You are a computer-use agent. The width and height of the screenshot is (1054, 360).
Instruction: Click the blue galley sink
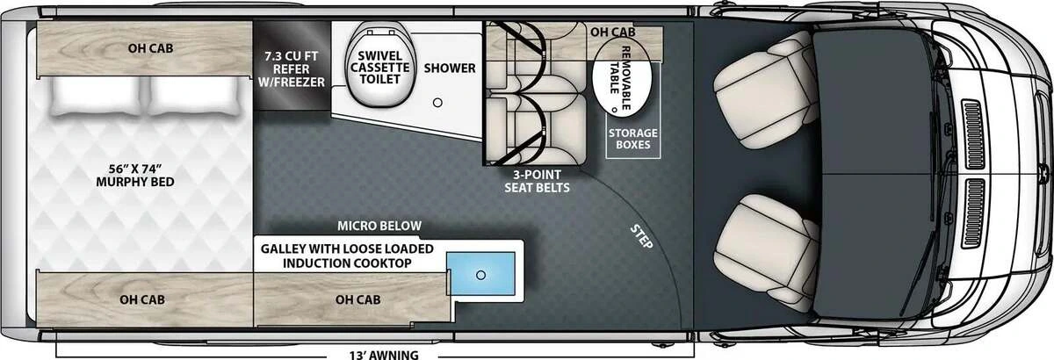coord(481,273)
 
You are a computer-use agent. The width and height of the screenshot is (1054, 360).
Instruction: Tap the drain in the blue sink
coord(480,275)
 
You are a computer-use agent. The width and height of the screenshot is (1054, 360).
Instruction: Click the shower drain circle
coord(437,102)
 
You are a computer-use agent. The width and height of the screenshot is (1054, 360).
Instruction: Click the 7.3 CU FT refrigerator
coord(292,66)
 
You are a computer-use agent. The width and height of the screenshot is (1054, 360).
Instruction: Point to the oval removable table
coord(622,77)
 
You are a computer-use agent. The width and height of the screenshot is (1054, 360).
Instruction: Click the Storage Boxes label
coord(633,139)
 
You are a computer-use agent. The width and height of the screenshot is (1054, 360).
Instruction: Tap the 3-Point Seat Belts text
coord(537,181)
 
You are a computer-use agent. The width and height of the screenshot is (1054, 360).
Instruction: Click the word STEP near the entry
coord(641,237)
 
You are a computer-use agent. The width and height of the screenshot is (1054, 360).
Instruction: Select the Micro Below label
coord(379,226)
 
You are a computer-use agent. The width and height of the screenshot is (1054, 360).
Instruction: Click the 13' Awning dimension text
coord(384,355)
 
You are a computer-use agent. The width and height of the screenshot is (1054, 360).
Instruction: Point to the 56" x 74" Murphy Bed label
coord(135,176)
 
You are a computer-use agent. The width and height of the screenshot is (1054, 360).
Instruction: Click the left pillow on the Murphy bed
coord(96,96)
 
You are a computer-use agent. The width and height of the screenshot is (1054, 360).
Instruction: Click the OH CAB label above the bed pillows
coord(150,48)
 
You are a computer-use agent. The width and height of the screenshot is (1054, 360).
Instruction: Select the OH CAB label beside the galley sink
coord(358,299)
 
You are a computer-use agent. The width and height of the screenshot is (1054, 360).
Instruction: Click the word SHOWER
coord(450,68)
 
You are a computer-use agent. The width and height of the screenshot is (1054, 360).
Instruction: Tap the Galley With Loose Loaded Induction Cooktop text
coord(347,256)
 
